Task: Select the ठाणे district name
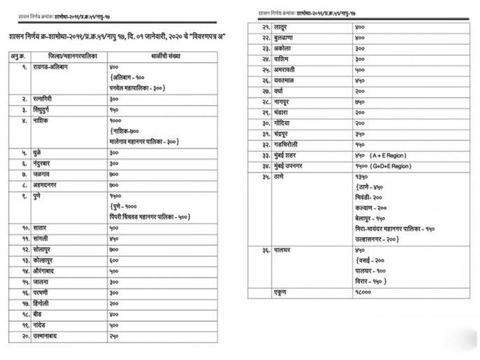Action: click(279, 176)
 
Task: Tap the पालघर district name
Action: click(283, 250)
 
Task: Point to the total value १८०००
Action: click(362, 292)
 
